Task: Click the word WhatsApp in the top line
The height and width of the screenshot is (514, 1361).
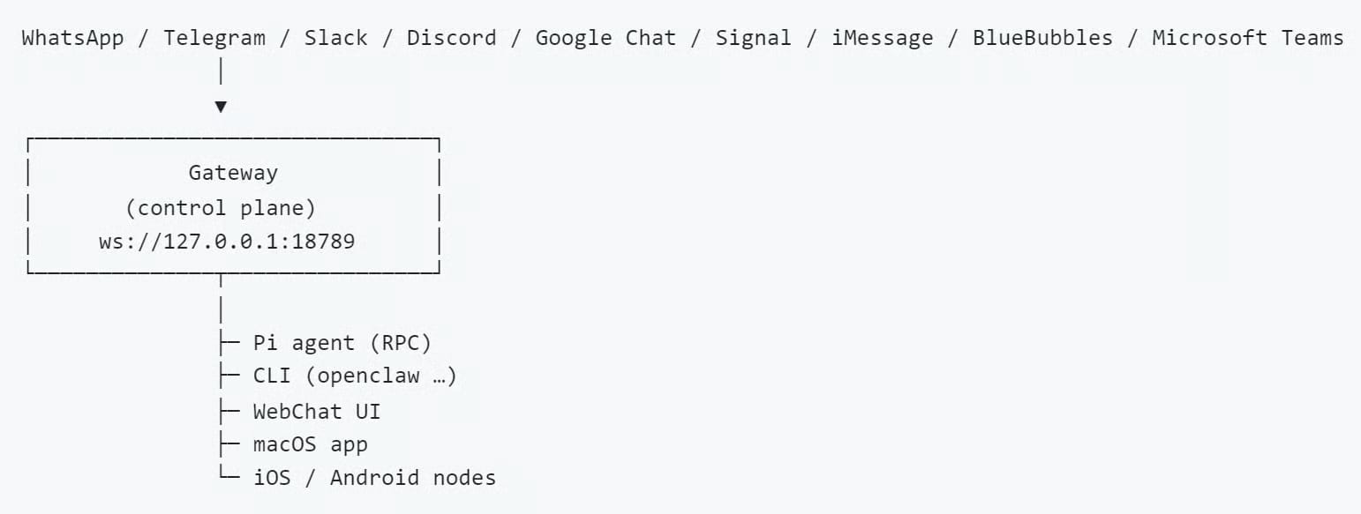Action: click(x=72, y=38)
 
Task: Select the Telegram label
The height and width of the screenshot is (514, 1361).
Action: click(x=214, y=38)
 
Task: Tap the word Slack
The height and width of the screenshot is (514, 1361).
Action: click(x=336, y=38)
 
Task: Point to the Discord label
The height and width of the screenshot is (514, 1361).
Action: click(x=451, y=38)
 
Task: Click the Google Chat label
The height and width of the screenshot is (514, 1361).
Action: click(x=605, y=38)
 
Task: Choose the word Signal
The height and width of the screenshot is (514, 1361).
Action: click(x=753, y=38)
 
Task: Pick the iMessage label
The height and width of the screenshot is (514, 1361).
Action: click(x=882, y=38)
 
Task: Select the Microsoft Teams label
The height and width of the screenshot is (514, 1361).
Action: click(x=1247, y=38)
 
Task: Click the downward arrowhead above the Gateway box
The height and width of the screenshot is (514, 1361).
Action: click(x=221, y=107)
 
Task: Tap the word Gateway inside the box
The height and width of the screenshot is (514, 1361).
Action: click(x=233, y=173)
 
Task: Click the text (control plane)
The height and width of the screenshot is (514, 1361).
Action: click(x=221, y=208)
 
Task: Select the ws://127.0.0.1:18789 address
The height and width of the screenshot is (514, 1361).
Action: click(x=227, y=242)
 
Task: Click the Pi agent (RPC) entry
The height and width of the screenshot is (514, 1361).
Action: click(x=342, y=343)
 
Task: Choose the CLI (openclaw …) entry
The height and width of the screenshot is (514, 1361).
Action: click(x=355, y=376)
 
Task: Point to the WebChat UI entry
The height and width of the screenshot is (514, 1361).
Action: click(x=316, y=411)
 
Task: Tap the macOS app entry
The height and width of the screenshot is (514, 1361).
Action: click(x=310, y=444)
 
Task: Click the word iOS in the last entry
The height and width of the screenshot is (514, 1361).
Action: click(x=272, y=478)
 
